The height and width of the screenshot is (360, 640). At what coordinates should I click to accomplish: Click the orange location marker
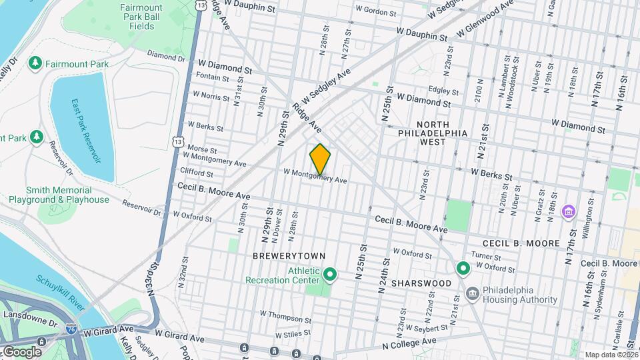point(320,159)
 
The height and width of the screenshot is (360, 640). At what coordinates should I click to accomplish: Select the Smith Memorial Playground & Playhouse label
point(59,195)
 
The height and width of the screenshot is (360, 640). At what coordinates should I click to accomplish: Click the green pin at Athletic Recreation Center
point(329,274)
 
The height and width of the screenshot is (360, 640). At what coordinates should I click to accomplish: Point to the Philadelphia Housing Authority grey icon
point(472,293)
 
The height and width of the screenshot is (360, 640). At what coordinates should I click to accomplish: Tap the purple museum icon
point(568,213)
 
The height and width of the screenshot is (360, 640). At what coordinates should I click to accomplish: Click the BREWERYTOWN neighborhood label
point(289,256)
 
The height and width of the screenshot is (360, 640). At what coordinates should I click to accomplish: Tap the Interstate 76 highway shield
point(71,328)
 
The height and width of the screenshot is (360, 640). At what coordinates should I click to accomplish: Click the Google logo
point(21,351)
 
